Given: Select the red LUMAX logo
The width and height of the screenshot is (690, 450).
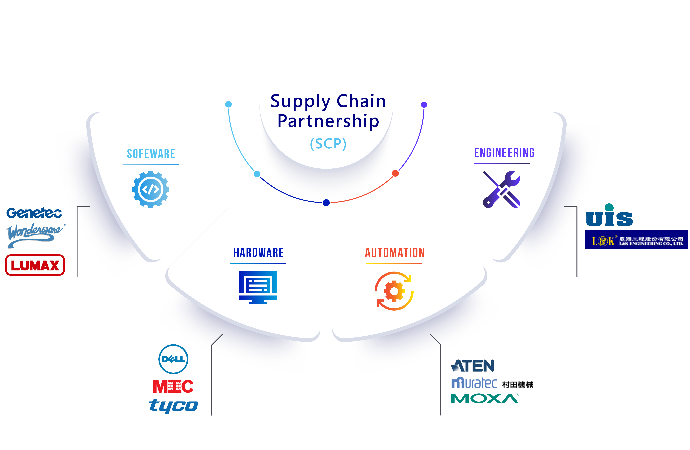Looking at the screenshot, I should point(35,265).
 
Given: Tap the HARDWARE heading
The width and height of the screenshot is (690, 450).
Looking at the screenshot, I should point(258,253).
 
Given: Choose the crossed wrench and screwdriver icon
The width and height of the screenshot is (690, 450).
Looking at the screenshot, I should point(501,189).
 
